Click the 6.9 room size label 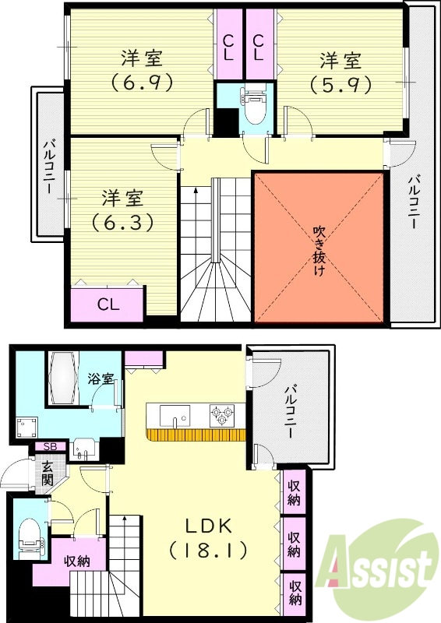point(141,79)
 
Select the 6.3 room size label point(122,221)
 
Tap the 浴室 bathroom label point(101,379)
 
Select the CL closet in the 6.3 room point(108,304)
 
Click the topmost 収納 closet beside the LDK point(295,493)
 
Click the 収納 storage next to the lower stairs point(76,560)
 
